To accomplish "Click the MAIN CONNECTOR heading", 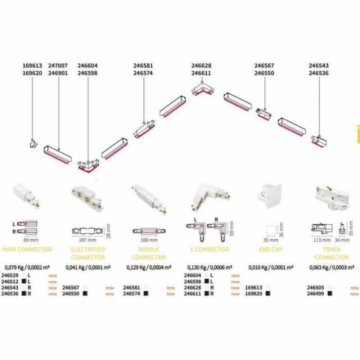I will [x=27, y=249].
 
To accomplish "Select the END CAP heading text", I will [x=271, y=249].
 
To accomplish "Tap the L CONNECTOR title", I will [x=209, y=249].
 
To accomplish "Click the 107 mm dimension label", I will [x=86, y=240].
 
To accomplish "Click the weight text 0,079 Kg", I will [x=14, y=268].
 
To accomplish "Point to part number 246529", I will [x=10, y=276].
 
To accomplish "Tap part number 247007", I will [x=58, y=66].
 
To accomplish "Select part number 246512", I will [x=10, y=282].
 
